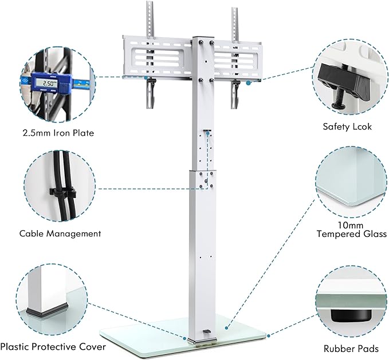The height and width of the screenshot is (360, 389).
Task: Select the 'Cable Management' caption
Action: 60,234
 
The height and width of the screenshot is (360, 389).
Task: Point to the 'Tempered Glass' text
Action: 352,234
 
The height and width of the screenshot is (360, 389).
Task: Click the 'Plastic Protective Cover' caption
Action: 53,347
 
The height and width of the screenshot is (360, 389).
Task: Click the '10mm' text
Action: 352,225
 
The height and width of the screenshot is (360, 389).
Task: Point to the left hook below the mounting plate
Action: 151,92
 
